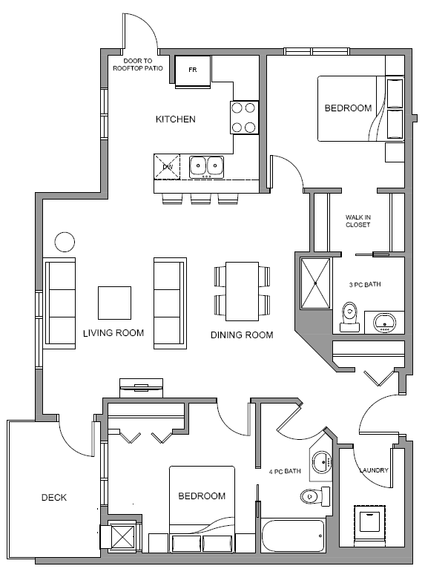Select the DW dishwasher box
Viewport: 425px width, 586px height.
click(x=168, y=167)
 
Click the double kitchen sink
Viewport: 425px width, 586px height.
click(x=206, y=166)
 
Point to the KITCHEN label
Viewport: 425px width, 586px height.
click(x=175, y=119)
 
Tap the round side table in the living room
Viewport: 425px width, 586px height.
click(x=65, y=242)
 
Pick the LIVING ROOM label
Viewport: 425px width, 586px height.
click(x=113, y=333)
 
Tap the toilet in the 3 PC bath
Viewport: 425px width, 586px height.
click(x=348, y=317)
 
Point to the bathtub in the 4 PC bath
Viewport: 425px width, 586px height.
click(x=294, y=535)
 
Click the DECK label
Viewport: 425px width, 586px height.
click(x=53, y=497)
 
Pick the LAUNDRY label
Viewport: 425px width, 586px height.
click(x=374, y=470)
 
